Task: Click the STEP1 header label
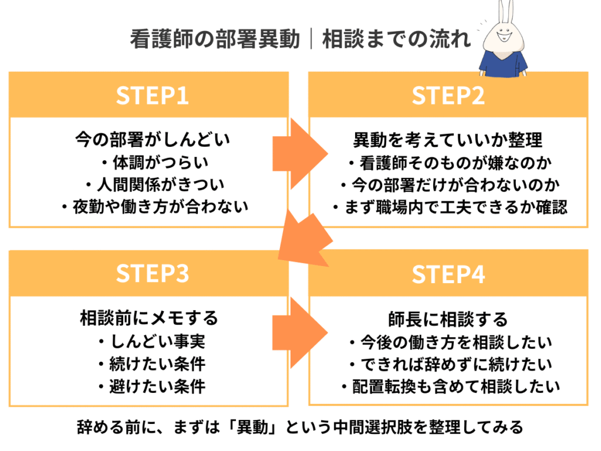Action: pyautogui.click(x=152, y=96)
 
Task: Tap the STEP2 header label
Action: pyautogui.click(x=448, y=96)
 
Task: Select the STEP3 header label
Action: pyautogui.click(x=152, y=274)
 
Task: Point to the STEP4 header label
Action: pyautogui.click(x=448, y=274)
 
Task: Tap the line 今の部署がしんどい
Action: pyautogui.click(x=152, y=140)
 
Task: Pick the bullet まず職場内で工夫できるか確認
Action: pyautogui.click(x=448, y=207)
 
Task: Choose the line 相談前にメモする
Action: pyautogui.click(x=149, y=318)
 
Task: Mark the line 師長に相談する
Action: pyautogui.click(x=448, y=319)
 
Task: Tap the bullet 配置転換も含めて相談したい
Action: pyautogui.click(x=448, y=386)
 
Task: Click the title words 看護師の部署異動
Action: pyautogui.click(x=214, y=39)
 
